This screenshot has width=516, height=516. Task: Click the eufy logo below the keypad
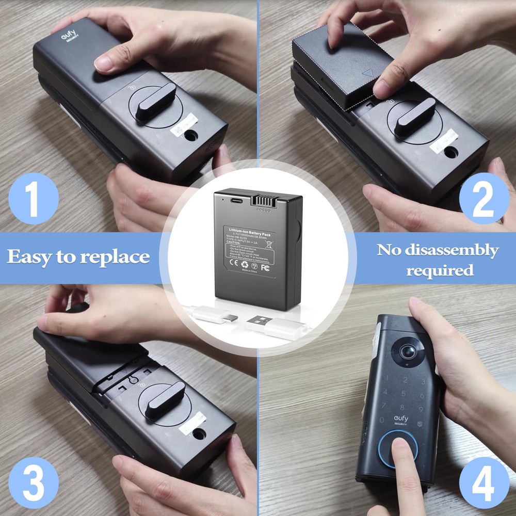(401, 419)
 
